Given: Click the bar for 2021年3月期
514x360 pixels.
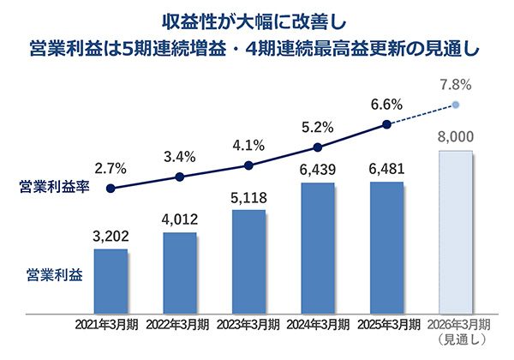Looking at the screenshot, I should coord(111,283).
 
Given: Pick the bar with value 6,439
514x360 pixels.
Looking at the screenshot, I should coord(318,249).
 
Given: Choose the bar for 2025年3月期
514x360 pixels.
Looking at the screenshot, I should coord(387,249).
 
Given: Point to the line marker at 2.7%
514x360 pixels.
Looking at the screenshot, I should coord(111,189).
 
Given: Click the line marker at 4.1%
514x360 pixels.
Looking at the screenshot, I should coord(248,165).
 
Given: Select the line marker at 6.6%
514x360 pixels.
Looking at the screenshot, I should coord(387,125).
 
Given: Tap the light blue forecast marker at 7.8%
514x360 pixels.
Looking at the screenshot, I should coord(456,105).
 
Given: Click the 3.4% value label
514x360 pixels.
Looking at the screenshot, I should coord(179,157).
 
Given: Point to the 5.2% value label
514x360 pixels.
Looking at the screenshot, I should coord(318,127).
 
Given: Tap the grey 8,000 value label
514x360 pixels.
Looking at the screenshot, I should coord(456,136).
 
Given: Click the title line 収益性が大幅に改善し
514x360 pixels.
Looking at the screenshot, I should coord(257,18).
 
